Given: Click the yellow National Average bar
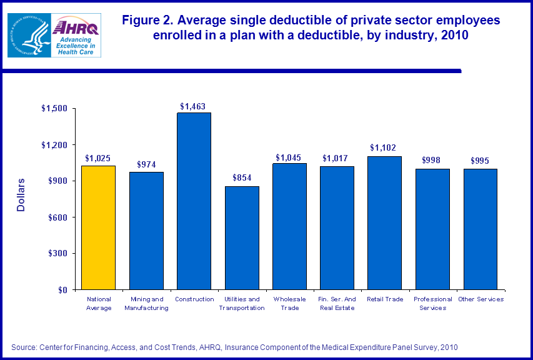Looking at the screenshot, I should coord(99,227).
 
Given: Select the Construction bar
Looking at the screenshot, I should coord(194,201).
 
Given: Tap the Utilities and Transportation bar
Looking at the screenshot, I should coord(242,238).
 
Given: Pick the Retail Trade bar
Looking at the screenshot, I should coord(386,223).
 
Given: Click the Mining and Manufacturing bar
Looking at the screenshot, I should coord(146,231).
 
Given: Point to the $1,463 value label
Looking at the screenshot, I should coord(192,107).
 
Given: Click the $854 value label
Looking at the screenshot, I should coord(241,177).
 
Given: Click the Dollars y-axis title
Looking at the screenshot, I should coord(21,195).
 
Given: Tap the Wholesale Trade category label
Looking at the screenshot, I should coord(289,303).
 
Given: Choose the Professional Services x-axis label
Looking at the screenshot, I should coord(433,303).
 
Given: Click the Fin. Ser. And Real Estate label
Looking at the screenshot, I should coord(337,303).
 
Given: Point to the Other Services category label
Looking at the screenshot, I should coord(481,299).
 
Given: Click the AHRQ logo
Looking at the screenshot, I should coord(74,35).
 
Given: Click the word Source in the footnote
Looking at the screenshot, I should coord(24,347).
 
